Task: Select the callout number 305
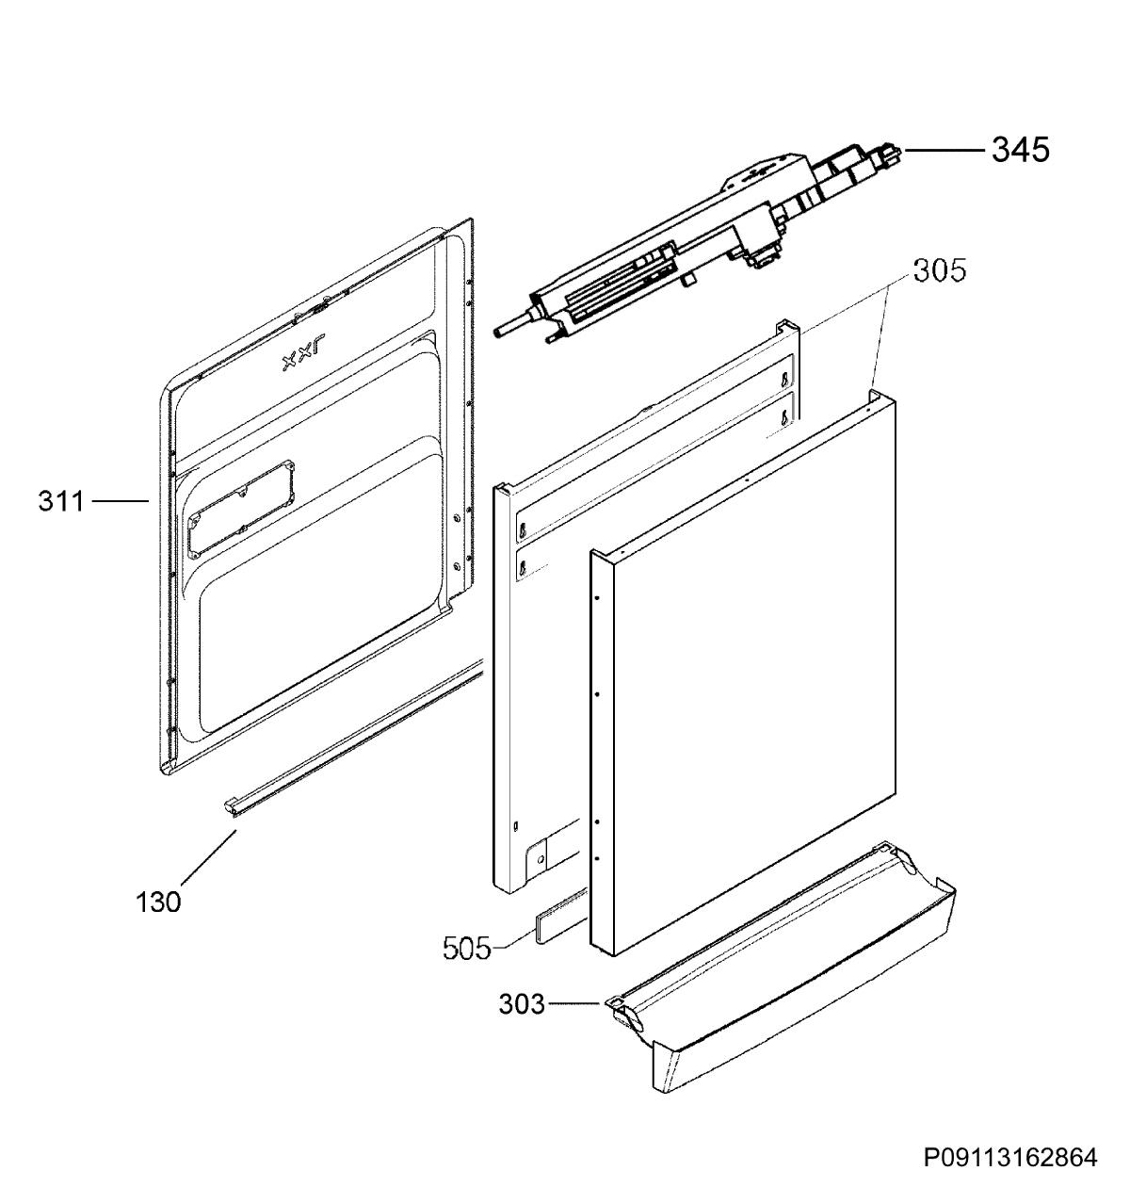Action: [939, 271]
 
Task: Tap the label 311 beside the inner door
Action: [61, 501]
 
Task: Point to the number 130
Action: [158, 902]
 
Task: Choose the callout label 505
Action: [467, 949]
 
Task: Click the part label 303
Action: [522, 1004]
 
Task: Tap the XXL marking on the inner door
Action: [303, 359]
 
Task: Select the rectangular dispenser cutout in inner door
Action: [241, 509]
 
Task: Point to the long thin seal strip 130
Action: [356, 738]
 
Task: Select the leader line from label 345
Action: [944, 150]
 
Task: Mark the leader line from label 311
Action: [121, 500]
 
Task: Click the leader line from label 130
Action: [207, 858]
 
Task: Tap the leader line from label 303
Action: [574, 1003]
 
